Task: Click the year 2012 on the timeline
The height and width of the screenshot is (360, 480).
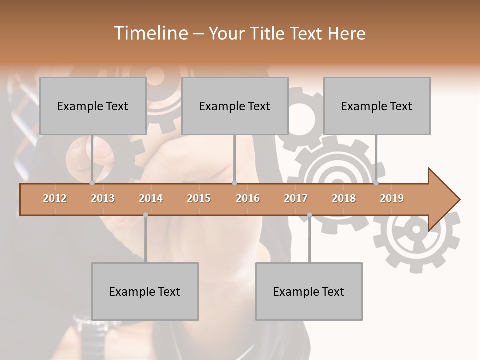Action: point(55,198)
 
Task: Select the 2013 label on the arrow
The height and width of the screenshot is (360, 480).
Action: point(103,198)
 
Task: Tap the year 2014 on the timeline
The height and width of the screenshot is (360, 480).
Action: point(151,198)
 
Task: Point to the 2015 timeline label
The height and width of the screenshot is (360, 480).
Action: point(199,198)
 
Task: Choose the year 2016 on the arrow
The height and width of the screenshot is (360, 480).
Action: point(248,198)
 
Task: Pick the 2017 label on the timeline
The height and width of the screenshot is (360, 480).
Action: point(296,198)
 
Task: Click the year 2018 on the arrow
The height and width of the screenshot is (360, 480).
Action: point(344,198)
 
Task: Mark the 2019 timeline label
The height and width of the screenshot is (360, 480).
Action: point(392,198)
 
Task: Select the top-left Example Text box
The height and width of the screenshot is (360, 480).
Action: point(93,106)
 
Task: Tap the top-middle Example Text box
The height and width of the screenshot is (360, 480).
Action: point(235,106)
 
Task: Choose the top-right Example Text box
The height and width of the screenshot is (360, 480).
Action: point(377,106)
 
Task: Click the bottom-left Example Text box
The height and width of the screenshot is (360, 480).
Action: point(145,291)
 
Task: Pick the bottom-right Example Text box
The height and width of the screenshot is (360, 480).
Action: point(309,291)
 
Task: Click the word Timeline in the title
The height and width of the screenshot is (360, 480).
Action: point(150,33)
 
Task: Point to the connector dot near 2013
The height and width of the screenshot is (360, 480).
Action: point(92,183)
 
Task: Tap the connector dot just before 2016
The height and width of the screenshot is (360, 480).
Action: point(234,183)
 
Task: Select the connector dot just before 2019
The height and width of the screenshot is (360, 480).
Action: point(376,183)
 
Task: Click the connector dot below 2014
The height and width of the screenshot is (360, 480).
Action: point(145,215)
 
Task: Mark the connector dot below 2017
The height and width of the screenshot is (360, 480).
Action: point(309,215)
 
